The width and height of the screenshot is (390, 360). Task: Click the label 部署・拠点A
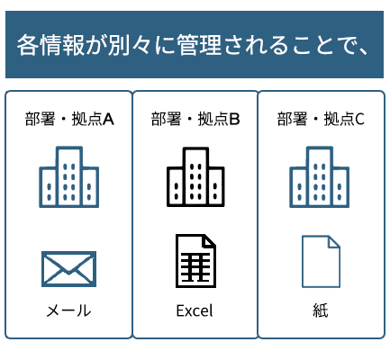pos(69,119)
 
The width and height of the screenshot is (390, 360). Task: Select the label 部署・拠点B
pos(195,119)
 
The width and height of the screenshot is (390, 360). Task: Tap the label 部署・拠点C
pos(321,119)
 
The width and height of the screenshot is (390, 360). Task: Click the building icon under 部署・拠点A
pos(69,177)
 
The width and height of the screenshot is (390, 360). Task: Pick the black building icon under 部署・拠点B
pos(195,177)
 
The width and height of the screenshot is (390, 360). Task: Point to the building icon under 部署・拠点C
pos(319,177)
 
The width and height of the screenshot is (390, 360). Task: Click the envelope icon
pos(68,269)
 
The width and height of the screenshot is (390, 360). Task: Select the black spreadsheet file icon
pos(195,261)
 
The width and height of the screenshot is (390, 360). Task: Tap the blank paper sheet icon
pos(321,262)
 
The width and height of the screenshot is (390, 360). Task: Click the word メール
pos(68,310)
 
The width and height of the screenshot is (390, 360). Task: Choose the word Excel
pos(195,310)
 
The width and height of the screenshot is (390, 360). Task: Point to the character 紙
pos(321,310)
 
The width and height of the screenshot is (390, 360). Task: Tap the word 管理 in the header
pos(199,45)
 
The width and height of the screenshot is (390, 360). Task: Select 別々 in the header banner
pos(130,45)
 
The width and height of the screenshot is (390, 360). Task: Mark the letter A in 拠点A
pos(108,120)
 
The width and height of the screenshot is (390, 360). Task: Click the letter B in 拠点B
pos(235,120)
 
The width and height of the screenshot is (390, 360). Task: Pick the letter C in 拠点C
pos(360,120)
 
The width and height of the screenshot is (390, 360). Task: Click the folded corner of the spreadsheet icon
pos(210,241)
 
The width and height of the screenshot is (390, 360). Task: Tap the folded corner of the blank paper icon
pos(334,242)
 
